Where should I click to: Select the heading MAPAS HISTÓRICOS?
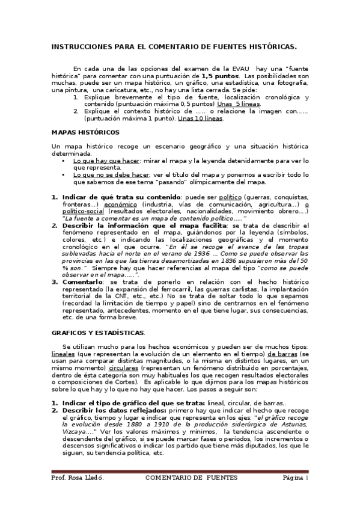click(x=85, y=131)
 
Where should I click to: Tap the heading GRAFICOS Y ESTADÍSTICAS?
click(x=97, y=333)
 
